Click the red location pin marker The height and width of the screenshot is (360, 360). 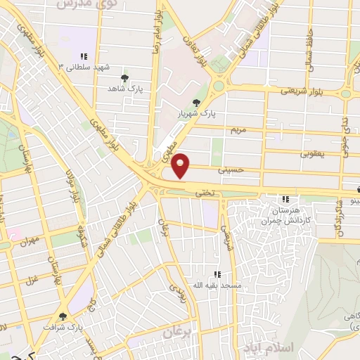point(181,165)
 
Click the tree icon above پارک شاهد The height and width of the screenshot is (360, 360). point(125,78)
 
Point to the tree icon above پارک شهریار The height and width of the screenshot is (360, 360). point(205,103)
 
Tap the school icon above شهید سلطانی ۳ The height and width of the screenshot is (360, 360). point(83,56)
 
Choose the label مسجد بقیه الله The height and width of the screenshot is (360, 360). point(219,286)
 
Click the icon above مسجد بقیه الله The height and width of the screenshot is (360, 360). point(217,274)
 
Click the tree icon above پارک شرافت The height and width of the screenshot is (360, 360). point(63,317)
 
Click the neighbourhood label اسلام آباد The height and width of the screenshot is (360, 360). point(261,348)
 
